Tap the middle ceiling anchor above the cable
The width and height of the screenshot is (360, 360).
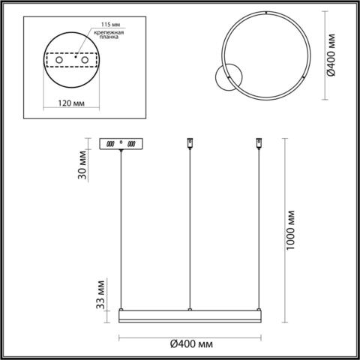tap(190, 142)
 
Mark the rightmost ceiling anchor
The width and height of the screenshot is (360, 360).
tap(259, 142)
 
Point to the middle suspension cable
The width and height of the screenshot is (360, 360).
tap(190, 225)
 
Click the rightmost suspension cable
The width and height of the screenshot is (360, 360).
tap(259, 225)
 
